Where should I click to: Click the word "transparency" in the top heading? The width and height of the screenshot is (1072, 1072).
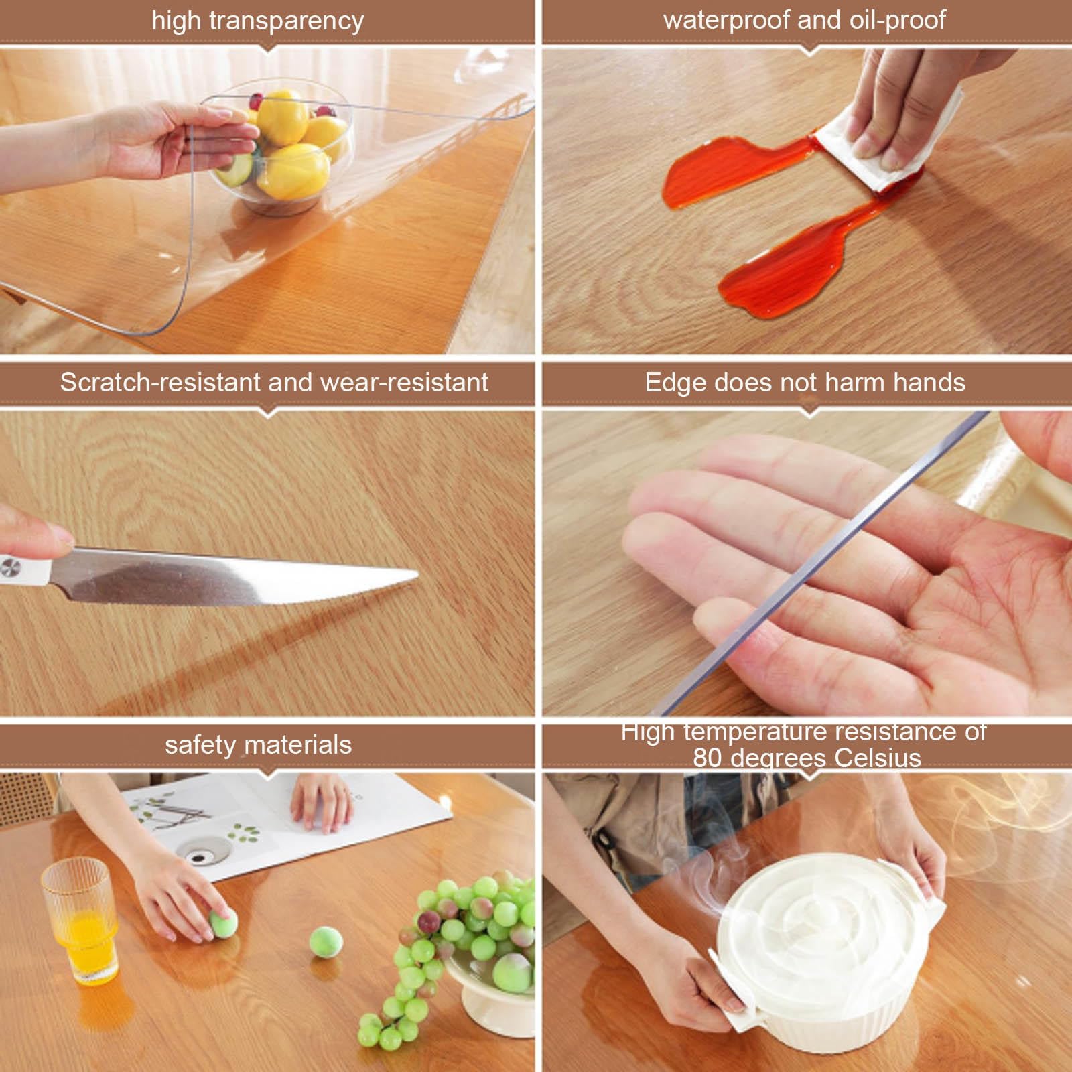tap(287, 21)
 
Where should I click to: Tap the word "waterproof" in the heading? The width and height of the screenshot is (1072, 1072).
tap(727, 20)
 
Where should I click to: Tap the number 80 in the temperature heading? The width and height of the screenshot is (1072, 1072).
tap(708, 758)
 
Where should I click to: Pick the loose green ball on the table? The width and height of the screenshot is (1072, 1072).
tap(326, 943)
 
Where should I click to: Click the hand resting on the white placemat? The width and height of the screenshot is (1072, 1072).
tap(323, 801)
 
